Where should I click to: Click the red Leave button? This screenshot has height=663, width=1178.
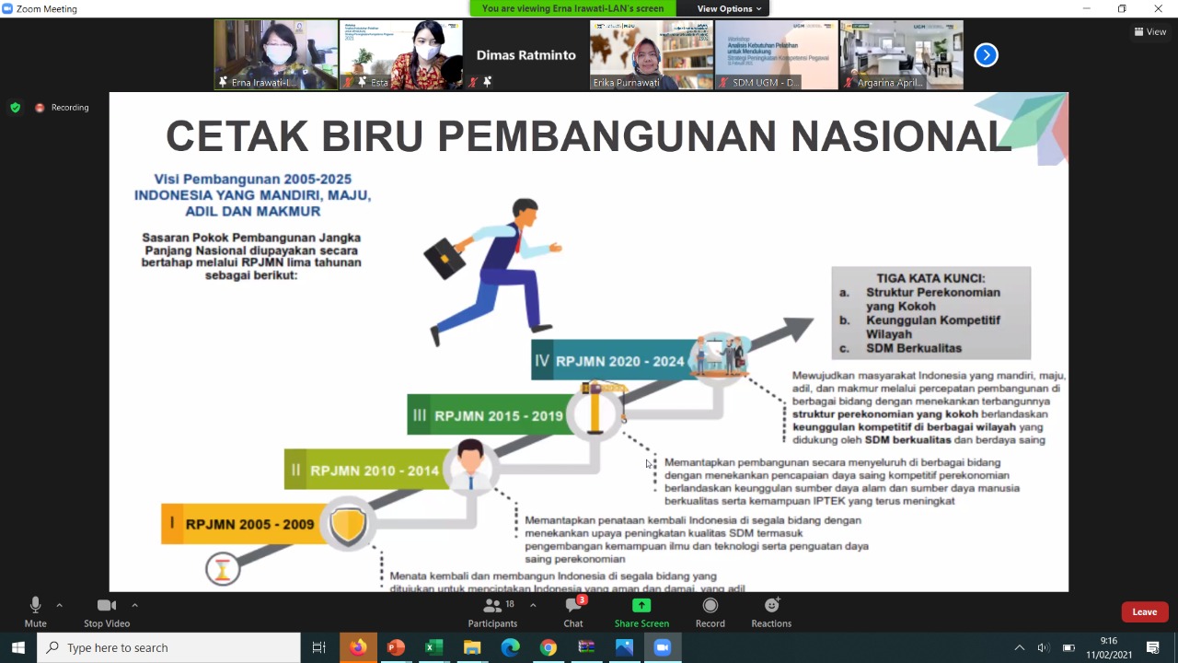tap(1144, 612)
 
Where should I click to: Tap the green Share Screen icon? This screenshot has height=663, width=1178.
tap(641, 606)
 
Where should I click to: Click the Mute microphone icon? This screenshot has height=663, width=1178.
tap(35, 605)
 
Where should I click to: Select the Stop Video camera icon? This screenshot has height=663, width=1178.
tap(107, 605)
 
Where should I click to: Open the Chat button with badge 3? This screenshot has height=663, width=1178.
tap(573, 606)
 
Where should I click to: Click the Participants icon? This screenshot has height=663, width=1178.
tap(493, 606)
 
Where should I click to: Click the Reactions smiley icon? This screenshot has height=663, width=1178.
tap(771, 606)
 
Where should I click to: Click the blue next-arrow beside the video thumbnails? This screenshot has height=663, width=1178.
tap(986, 55)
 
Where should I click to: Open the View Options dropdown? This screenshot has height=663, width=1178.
tap(729, 8)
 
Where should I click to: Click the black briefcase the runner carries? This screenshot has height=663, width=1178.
tap(444, 259)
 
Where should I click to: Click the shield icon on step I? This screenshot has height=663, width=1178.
tap(348, 526)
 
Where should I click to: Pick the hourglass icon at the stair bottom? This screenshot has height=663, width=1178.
tap(222, 569)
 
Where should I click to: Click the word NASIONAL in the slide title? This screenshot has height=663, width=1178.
tap(901, 136)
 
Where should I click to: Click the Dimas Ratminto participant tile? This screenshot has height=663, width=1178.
tap(525, 55)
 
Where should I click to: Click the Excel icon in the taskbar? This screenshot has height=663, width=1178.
tap(433, 647)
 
